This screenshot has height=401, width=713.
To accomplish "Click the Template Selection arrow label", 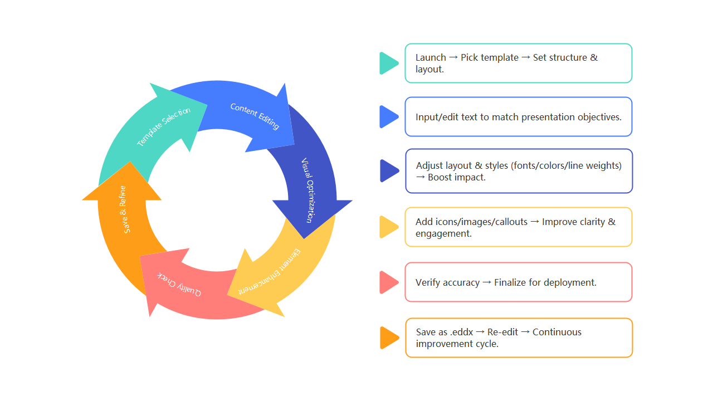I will [164, 127].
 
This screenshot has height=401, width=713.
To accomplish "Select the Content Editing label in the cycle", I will [255, 116].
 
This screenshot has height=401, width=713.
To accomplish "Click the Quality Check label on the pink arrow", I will [179, 283].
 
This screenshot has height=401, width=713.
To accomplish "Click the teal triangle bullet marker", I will [388, 63].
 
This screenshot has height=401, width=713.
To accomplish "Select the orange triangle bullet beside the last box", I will [389, 338].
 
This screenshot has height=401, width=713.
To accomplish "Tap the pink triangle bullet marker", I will [388, 282].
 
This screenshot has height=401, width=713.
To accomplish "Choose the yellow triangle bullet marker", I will [388, 227].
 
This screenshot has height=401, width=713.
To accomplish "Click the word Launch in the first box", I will [431, 57].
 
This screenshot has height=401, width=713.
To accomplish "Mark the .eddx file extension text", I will [462, 332].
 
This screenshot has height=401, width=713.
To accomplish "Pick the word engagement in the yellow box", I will [443, 233].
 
